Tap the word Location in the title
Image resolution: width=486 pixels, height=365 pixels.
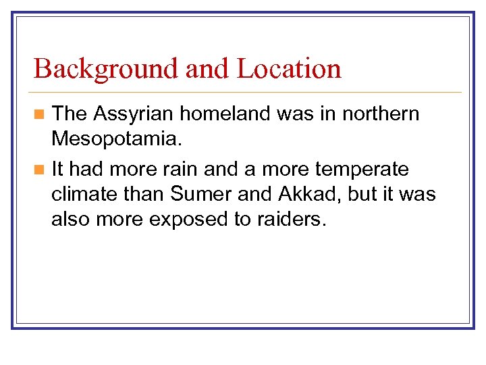[289, 69]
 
